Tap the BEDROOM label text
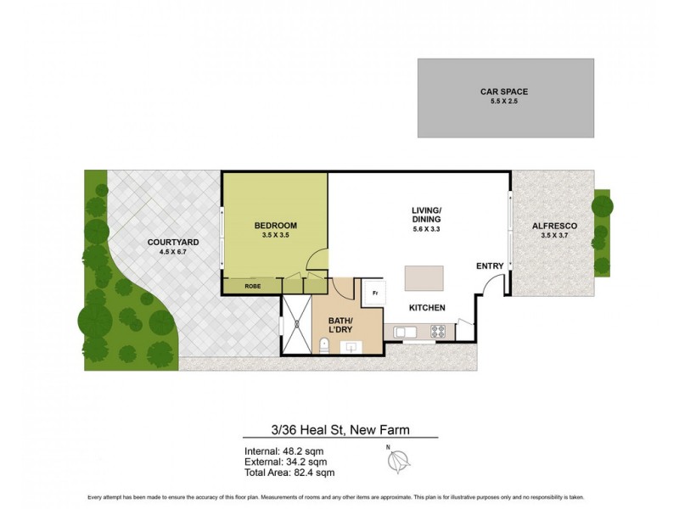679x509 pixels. tap(275, 226)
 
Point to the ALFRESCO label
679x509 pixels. tap(554, 226)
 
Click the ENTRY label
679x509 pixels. tap(490, 266)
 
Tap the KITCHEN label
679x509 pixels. tap(428, 307)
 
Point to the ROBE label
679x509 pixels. tap(253, 286)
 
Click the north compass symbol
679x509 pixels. tap(397, 461)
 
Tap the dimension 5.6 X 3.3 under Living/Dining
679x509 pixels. tap(426, 228)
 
